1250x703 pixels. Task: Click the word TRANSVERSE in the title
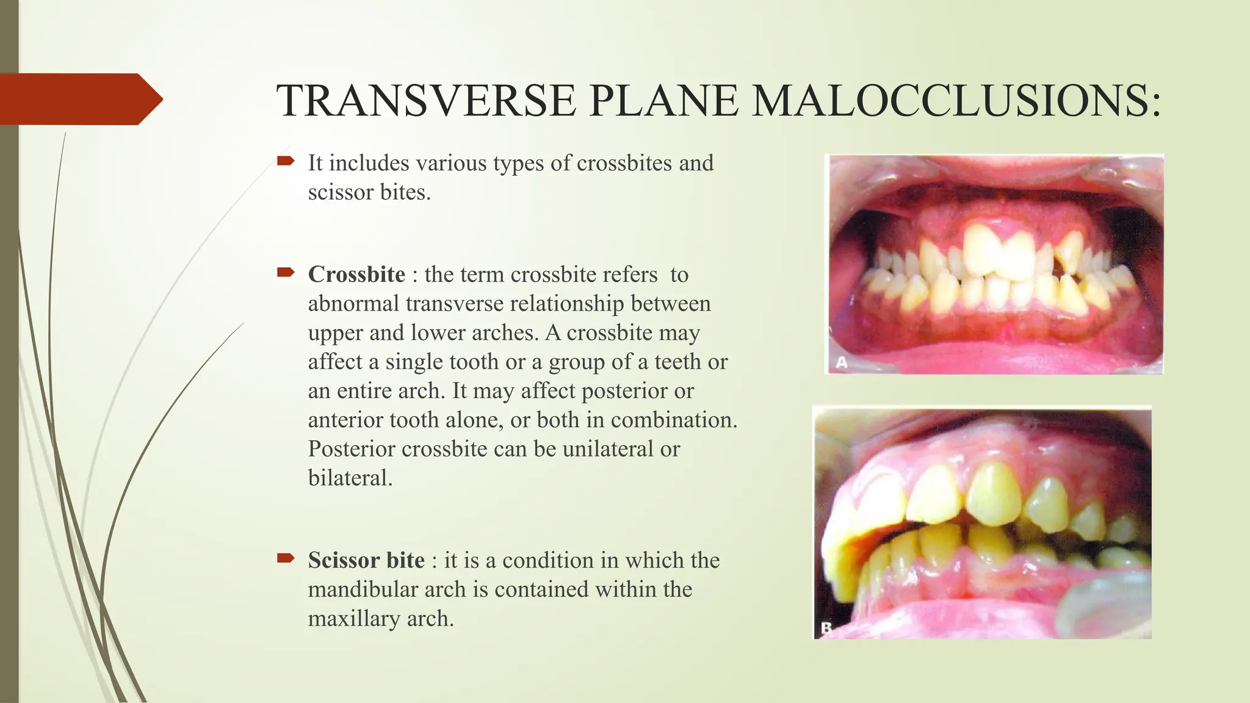pos(426,101)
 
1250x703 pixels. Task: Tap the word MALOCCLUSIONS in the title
pos(956,101)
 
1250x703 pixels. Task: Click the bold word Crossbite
pos(356,275)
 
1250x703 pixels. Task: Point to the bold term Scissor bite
pos(366,560)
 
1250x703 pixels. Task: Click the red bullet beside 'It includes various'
pos(286,161)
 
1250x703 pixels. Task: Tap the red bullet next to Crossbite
pos(286,272)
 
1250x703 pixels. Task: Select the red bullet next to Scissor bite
pos(286,558)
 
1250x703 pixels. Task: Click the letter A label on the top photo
pos(842,363)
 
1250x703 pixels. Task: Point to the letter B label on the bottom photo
pos(826,628)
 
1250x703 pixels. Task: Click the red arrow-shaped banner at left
pos(79,99)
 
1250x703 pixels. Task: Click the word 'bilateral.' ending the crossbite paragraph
pos(350,478)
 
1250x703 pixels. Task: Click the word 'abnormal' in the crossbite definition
pos(353,304)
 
